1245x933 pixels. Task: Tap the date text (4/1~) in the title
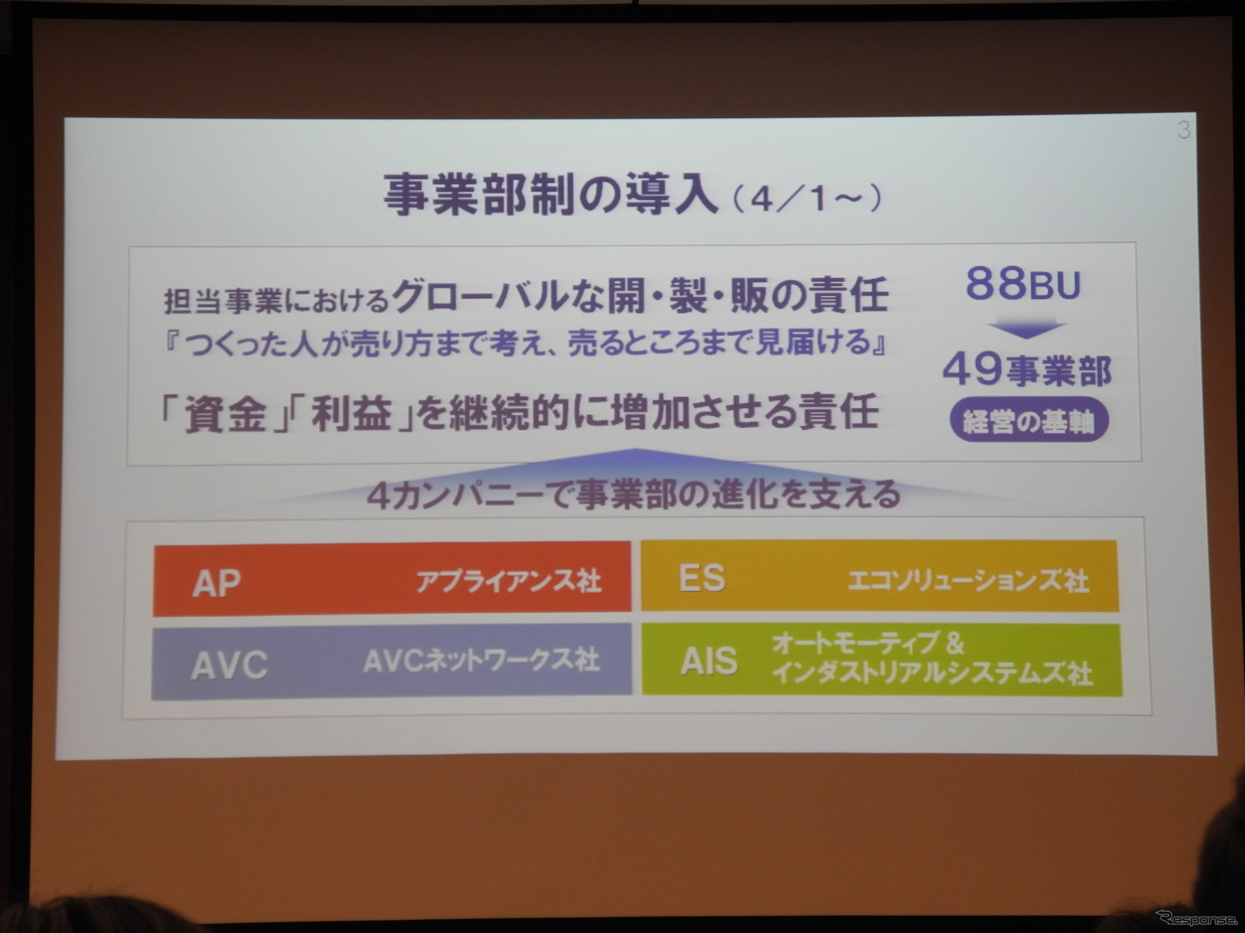pyautogui.click(x=807, y=199)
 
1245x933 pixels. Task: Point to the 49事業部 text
pyautogui.click(x=1026, y=371)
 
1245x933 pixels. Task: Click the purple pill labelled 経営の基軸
pyautogui.click(x=1028, y=420)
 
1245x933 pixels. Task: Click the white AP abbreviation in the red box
pyautogui.click(x=216, y=583)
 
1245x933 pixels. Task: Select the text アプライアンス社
pyautogui.click(x=508, y=581)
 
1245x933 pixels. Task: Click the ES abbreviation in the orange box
pyautogui.click(x=701, y=578)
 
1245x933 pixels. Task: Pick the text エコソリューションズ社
pyautogui.click(x=967, y=581)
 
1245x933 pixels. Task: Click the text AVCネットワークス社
pyautogui.click(x=481, y=661)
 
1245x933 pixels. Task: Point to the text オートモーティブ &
pyautogui.click(x=868, y=643)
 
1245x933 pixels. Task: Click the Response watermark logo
pyautogui.click(x=1196, y=917)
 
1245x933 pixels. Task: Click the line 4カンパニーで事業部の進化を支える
pyautogui.click(x=633, y=495)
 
